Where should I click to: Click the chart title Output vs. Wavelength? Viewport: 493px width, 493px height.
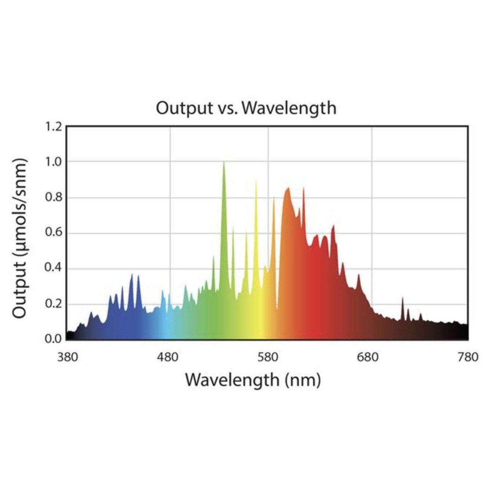(246, 108)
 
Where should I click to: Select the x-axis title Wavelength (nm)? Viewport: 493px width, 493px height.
(253, 380)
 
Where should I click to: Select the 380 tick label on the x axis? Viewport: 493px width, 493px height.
(68, 357)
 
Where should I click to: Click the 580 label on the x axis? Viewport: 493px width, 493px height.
(268, 357)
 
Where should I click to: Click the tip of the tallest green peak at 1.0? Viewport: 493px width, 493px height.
(224, 162)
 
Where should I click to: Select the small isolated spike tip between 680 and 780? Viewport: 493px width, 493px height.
(403, 298)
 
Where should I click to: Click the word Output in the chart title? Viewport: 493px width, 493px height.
(179, 108)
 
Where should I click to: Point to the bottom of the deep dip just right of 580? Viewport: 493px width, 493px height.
(277, 310)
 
